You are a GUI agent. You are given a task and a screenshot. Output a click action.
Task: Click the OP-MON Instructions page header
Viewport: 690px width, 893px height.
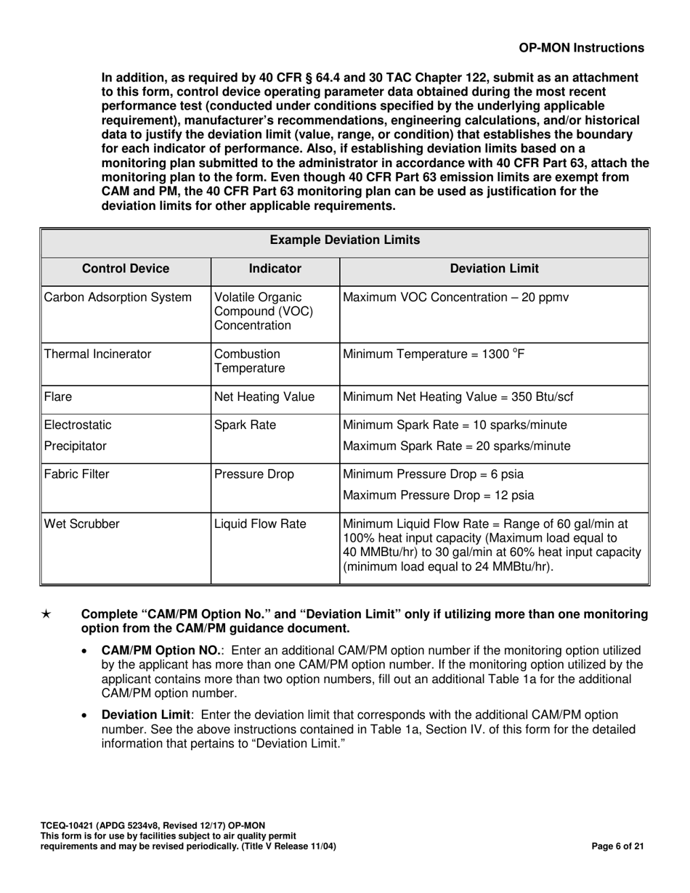pos(581,48)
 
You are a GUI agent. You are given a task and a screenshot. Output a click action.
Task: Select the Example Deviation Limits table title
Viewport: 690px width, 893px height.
pos(345,240)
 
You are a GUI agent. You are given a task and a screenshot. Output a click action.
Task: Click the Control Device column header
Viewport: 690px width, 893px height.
pos(126,269)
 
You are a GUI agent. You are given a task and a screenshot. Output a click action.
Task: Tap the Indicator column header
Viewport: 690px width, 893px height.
pos(275,269)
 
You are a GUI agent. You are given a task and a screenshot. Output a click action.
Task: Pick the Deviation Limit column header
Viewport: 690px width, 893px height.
pos(495,269)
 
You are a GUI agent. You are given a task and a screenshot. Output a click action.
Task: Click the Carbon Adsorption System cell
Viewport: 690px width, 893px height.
pos(118,297)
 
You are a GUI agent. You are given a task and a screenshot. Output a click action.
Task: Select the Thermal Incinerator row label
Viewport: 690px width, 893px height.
pos(98,354)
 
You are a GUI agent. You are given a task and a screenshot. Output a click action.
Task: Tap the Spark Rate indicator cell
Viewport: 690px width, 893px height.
pos(245,425)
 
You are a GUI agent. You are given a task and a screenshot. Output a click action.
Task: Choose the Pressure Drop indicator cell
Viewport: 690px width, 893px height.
pos(254,475)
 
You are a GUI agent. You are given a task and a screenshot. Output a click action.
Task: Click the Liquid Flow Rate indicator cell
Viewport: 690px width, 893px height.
pos(259,523)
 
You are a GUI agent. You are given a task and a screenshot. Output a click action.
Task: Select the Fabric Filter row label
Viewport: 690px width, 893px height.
pos(77,475)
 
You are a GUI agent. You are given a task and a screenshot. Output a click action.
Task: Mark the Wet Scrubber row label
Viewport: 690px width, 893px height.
pos(81,523)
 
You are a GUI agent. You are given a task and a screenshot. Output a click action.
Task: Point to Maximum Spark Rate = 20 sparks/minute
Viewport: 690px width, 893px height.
pos(456,446)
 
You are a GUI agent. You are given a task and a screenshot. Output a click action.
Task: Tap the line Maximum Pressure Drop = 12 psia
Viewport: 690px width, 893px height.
pos(438,496)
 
